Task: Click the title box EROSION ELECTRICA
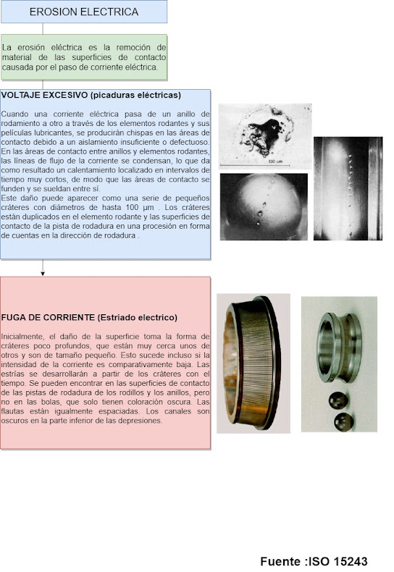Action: (84, 12)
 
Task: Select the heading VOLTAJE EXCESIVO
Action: (44, 95)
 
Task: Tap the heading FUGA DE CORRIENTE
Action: (48, 317)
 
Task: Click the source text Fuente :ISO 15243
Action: (314, 561)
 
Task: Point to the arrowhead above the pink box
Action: (43, 273)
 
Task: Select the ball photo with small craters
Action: (264, 207)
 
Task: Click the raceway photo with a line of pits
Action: (348, 188)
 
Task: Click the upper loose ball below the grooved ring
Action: (338, 400)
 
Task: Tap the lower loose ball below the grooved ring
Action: (343, 422)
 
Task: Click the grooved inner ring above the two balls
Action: (339, 347)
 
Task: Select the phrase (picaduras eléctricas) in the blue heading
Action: (135, 95)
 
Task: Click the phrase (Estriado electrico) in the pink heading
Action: (137, 317)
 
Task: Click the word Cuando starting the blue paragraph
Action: (14, 114)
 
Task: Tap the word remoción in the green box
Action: (133, 47)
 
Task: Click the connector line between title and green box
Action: (43, 29)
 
